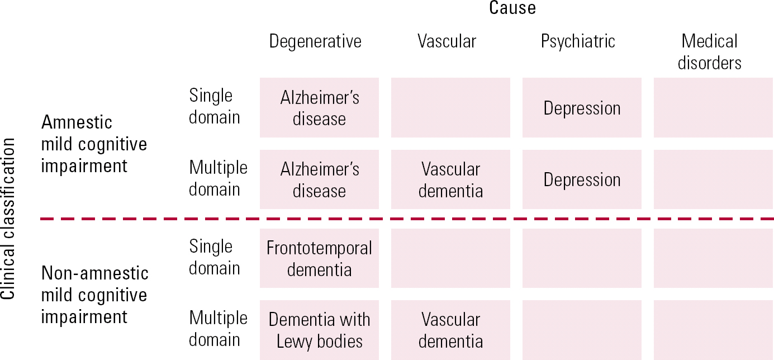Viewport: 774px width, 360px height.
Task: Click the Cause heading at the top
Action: coord(512,8)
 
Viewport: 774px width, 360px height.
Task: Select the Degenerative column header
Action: coord(315,41)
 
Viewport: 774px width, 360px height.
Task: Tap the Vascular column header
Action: coord(447,41)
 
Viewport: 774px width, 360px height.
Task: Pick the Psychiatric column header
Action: coord(578,41)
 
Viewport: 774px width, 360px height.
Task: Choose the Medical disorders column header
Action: coord(709,51)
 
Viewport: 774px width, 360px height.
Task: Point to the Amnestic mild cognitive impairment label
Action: coord(94,144)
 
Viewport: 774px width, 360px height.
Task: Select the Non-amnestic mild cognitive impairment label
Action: coord(95,295)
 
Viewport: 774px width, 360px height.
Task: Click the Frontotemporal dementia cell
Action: coord(319,258)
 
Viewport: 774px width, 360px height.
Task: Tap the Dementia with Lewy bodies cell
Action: coord(319,330)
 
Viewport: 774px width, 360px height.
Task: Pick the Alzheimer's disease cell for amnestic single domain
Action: coord(319,108)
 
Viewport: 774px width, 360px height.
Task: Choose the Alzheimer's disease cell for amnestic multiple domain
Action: coord(319,179)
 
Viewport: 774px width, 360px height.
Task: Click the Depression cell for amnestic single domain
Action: coord(582,108)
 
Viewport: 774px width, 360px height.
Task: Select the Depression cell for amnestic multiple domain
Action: coord(582,179)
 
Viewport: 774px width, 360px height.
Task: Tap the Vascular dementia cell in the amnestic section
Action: coord(450,179)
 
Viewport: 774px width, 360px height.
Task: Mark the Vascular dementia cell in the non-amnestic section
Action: coord(450,330)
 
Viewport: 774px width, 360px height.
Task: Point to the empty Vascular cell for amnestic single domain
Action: coord(450,108)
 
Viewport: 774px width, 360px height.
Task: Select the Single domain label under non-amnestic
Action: coord(214,257)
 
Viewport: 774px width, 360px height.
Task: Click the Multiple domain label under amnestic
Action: coord(218,178)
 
